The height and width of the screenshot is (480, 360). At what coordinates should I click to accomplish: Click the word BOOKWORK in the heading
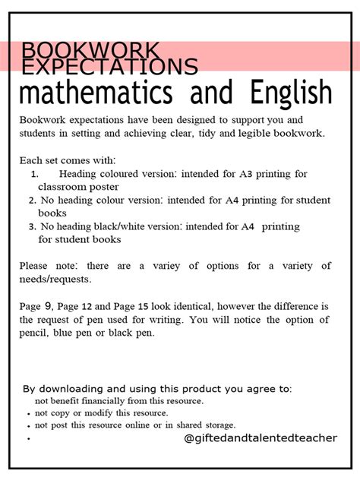[x=91, y=52]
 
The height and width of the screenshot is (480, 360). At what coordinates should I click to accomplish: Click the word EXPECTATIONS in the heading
[x=110, y=67]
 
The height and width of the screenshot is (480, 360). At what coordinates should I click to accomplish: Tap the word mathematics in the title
[x=99, y=94]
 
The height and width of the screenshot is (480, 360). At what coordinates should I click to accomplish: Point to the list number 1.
[x=34, y=174]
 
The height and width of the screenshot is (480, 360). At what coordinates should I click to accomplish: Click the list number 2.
[x=32, y=201]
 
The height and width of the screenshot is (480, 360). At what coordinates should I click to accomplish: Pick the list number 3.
[x=32, y=226]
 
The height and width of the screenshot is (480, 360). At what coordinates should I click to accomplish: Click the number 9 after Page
[x=48, y=305]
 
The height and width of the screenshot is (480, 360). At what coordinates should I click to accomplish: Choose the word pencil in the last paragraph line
[x=36, y=333]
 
